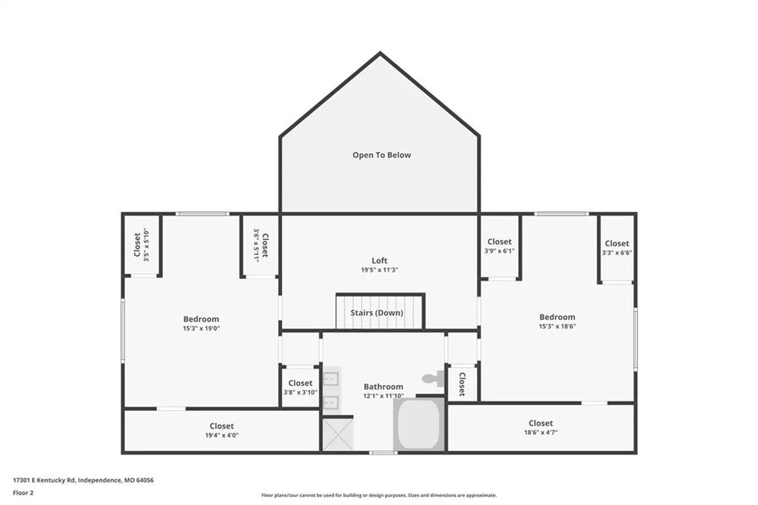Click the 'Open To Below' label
click(381, 155)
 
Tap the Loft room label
click(380, 261)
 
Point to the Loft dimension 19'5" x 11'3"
click(380, 270)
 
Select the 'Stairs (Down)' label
click(377, 313)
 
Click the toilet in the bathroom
click(434, 378)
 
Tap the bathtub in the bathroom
click(419, 424)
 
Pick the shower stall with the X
click(338, 435)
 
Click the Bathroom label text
click(383, 387)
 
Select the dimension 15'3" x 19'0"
click(201, 329)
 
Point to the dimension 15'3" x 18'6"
click(557, 327)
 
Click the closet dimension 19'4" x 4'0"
click(221, 435)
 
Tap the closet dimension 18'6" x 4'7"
click(540, 432)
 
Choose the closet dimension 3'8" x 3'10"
click(301, 392)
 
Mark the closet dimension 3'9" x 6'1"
click(500, 251)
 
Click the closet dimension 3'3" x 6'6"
click(617, 253)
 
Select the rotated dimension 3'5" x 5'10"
click(147, 245)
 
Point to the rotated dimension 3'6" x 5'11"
click(256, 245)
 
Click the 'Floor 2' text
click(23, 493)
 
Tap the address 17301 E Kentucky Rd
click(44, 481)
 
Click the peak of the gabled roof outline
click(380, 53)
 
